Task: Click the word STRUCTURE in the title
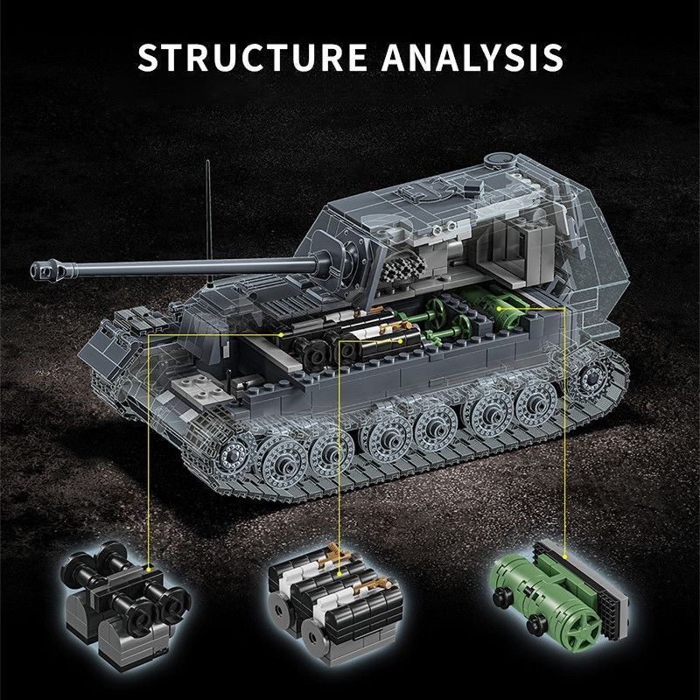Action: coord(252,57)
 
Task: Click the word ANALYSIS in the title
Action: coord(472,57)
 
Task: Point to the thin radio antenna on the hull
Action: coord(208,222)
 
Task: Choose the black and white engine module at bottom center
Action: coord(336,603)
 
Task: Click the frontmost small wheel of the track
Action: coord(233,454)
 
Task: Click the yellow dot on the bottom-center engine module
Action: coord(339,573)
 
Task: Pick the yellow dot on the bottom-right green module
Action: coord(565,556)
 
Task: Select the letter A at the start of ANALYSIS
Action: coord(396,57)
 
